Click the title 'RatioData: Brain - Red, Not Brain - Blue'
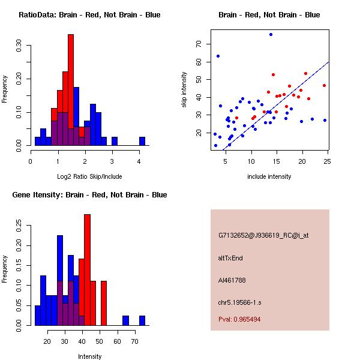89,15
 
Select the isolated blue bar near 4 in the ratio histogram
142,141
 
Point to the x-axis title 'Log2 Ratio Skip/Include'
89,176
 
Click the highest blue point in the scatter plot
271,34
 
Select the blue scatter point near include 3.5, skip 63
218,56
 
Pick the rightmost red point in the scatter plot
324,85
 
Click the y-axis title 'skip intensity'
184,90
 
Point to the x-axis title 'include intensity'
269,176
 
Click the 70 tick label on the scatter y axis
199,44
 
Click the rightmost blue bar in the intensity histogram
142,320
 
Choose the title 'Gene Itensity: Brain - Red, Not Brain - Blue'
89,195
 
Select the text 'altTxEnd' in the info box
230,258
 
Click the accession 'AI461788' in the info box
232,280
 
